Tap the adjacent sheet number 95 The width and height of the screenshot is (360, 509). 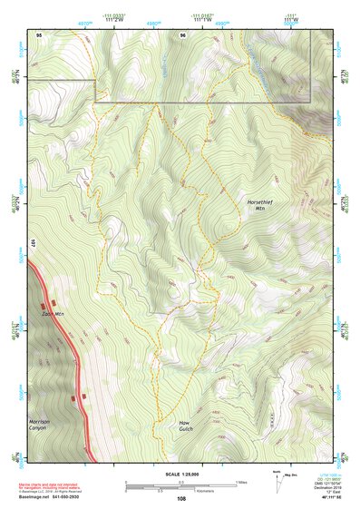pos(40,34)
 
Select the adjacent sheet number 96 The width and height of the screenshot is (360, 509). pos(183,34)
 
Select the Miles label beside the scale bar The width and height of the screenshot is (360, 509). pos(241,482)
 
